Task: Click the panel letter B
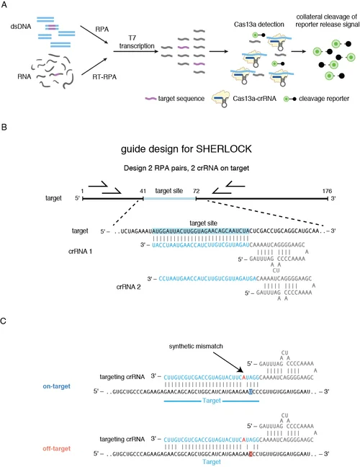coord(6,126)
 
